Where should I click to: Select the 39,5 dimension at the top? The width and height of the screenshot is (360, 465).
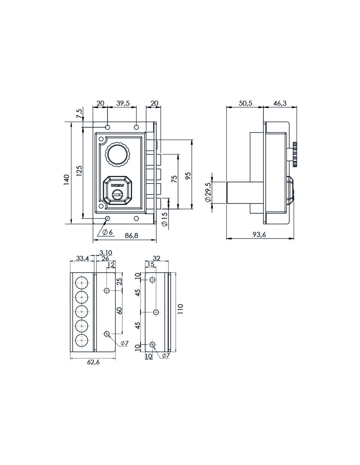coord(123,103)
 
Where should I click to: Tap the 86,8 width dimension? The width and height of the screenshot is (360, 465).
coord(132,235)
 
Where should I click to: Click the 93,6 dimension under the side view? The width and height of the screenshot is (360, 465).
coord(260,234)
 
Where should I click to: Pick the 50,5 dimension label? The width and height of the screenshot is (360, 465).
coord(245,103)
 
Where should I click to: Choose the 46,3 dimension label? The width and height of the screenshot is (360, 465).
coord(280,103)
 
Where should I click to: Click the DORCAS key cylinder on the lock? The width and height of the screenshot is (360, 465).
coord(116,190)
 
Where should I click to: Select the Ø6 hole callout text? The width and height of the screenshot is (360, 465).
coord(107,232)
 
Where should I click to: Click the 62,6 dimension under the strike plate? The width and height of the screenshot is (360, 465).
coord(93,362)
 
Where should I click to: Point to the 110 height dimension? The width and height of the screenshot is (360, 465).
coord(180,309)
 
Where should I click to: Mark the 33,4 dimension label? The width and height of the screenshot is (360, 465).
coord(82,258)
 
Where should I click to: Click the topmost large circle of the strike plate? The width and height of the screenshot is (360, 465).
coord(81,282)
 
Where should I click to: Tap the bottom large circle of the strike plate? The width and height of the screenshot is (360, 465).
coord(81,340)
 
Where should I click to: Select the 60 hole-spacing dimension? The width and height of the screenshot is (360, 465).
coord(119,311)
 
